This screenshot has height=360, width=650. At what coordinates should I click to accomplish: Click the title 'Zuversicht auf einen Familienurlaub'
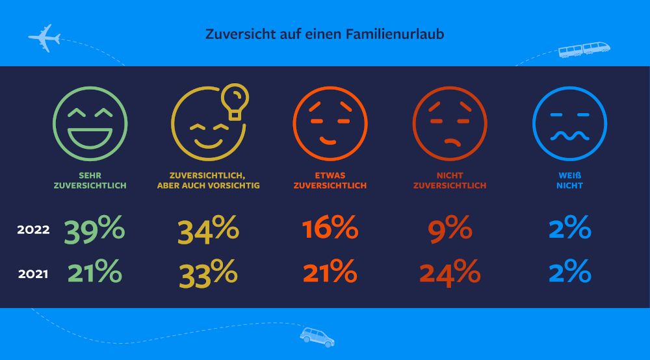click(325, 34)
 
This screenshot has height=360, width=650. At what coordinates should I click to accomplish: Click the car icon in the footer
click(317, 336)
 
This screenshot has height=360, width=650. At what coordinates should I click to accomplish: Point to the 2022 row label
click(33, 230)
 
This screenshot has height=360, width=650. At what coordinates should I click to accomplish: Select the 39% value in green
click(95, 230)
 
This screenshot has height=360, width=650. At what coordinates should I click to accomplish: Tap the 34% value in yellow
click(208, 230)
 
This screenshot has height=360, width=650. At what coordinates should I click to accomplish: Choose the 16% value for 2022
click(330, 230)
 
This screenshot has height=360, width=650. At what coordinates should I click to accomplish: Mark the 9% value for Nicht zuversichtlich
click(450, 230)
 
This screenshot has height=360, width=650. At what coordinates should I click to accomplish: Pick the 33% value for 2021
click(208, 273)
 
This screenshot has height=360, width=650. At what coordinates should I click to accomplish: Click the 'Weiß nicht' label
click(569, 180)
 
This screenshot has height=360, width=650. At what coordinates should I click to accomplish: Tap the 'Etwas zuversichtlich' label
click(330, 180)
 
